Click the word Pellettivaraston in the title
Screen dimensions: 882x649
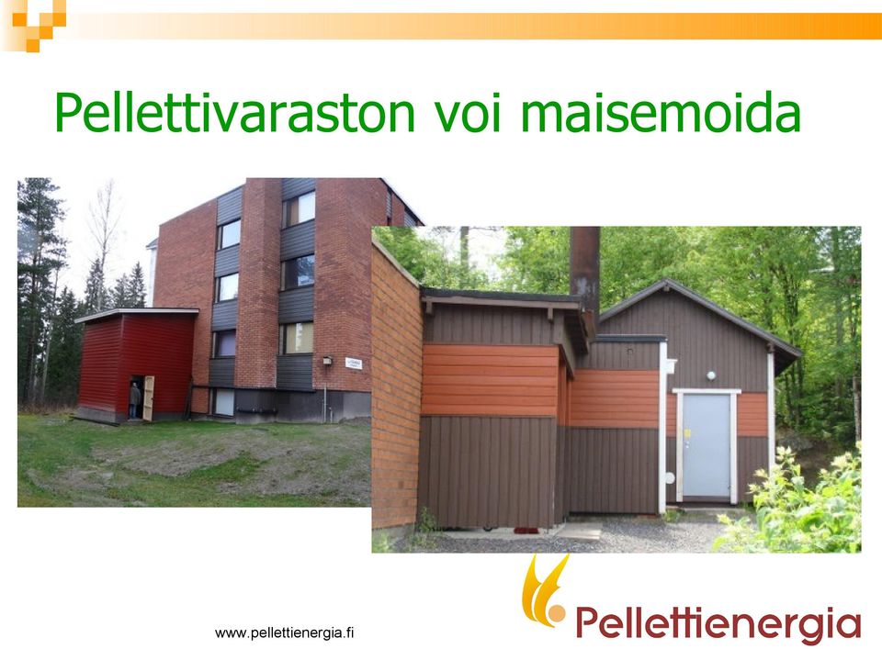pyautogui.click(x=234, y=112)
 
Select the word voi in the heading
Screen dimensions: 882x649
pyautogui.click(x=467, y=112)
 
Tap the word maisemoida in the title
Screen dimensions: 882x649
pyautogui.click(x=661, y=112)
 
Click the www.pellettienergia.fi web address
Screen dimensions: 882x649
pyautogui.click(x=285, y=633)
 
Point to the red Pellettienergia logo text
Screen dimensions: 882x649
pyautogui.click(x=718, y=624)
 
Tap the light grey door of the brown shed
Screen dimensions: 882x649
pyautogui.click(x=707, y=446)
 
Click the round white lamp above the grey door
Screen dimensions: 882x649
pyautogui.click(x=711, y=375)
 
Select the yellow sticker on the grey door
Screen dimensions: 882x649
pyautogui.click(x=687, y=433)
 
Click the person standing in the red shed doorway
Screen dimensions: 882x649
pyautogui.click(x=134, y=399)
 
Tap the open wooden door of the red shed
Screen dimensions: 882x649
pyautogui.click(x=149, y=398)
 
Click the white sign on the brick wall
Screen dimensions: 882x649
pyautogui.click(x=354, y=364)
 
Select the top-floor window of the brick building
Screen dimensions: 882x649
pyautogui.click(x=298, y=208)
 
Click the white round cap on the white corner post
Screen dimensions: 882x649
pyautogui.click(x=670, y=479)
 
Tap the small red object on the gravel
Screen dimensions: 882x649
pyautogui.click(x=526, y=531)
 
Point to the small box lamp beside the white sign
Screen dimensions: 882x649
pyautogui.click(x=327, y=361)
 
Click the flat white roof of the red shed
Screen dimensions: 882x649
pyautogui.click(x=136, y=315)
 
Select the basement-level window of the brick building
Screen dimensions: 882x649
pyautogui.click(x=224, y=402)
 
